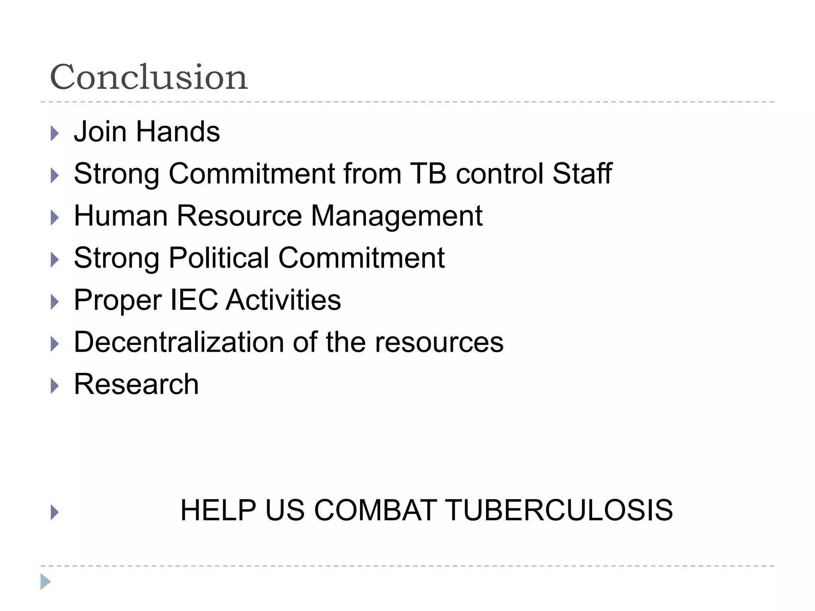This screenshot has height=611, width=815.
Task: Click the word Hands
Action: pyautogui.click(x=178, y=132)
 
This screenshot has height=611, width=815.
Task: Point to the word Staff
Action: pyautogui.click(x=582, y=174)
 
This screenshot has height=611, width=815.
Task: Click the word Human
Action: pyautogui.click(x=121, y=216)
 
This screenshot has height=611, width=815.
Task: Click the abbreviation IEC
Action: pyautogui.click(x=194, y=300)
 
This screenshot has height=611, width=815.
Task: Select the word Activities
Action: pyautogui.click(x=283, y=300)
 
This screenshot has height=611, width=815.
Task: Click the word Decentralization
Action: pyautogui.click(x=179, y=342)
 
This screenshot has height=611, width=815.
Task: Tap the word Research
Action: pyautogui.click(x=136, y=384)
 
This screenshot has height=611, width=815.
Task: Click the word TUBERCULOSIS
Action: pyautogui.click(x=558, y=510)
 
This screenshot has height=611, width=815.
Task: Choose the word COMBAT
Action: pyautogui.click(x=375, y=510)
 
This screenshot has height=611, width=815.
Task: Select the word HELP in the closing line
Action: pyautogui.click(x=218, y=510)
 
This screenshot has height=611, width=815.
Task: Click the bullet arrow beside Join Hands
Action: pyautogui.click(x=55, y=134)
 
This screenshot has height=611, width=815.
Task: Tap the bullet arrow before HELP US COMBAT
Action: pyautogui.click(x=55, y=512)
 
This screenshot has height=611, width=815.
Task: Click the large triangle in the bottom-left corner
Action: pyautogui.click(x=45, y=582)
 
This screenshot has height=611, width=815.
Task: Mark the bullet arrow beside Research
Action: pyautogui.click(x=55, y=386)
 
